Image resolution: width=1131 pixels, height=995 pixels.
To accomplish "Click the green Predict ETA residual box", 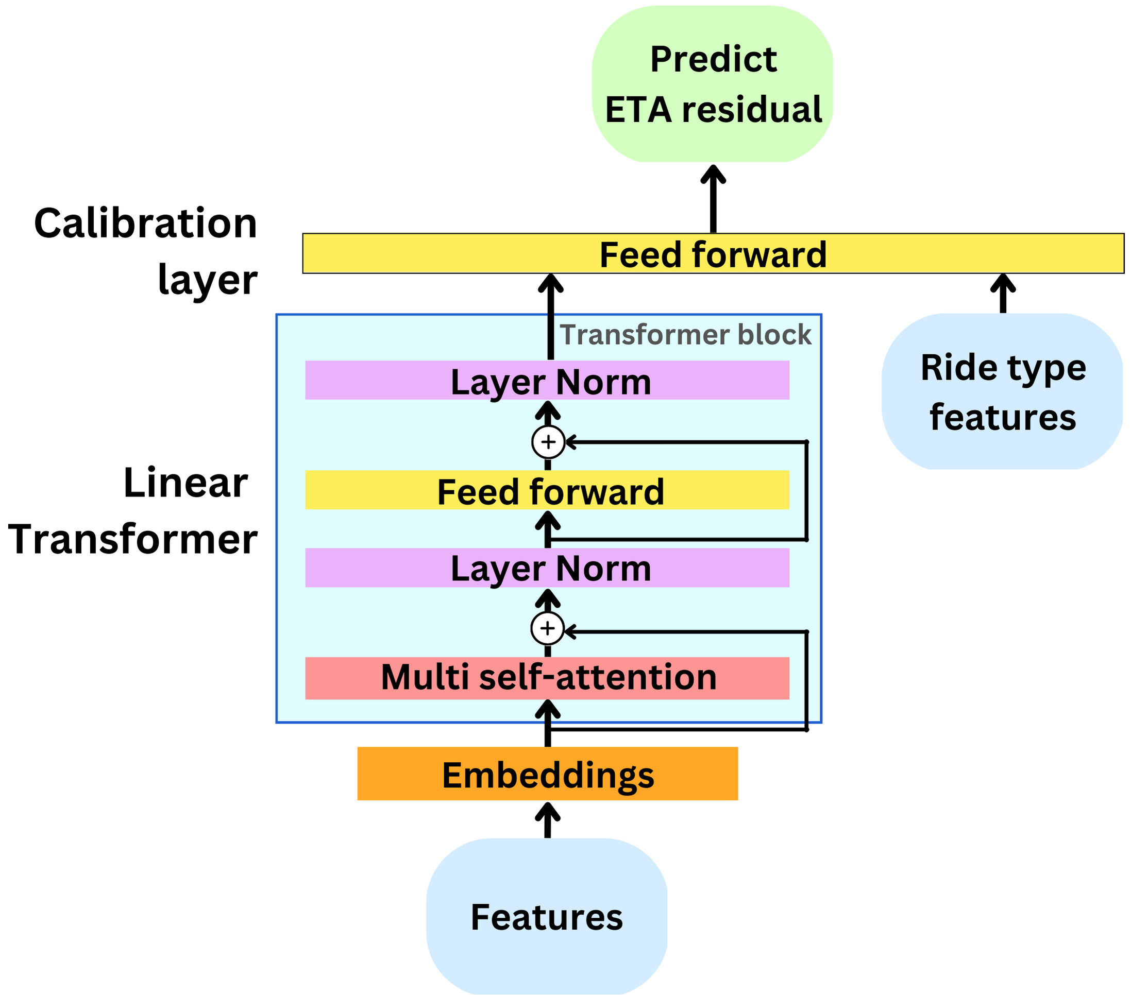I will coord(712,84).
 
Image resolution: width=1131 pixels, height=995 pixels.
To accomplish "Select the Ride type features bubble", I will coord(1002,391).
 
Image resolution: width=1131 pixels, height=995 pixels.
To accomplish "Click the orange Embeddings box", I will coord(547,774).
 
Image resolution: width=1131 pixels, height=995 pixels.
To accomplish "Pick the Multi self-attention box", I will coord(547,678).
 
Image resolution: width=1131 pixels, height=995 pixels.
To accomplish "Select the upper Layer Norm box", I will coord(547,381).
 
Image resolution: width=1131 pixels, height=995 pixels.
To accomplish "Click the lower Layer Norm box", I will coord(547,568).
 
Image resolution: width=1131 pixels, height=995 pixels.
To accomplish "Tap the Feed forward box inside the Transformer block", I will coord(547,490).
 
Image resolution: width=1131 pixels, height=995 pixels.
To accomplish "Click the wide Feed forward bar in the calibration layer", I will coord(713,254).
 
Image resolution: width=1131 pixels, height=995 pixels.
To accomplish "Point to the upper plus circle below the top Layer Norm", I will coord(548,442).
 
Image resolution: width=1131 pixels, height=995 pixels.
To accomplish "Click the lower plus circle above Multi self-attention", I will coord(547,628).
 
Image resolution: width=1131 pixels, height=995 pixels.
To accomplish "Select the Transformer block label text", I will coord(685,335).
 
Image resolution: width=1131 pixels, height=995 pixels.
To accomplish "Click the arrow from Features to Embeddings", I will coord(547,820).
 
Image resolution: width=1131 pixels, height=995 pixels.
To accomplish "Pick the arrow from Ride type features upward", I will coord(1003,293).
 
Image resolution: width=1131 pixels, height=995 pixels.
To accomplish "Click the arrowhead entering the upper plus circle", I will coord(571,442).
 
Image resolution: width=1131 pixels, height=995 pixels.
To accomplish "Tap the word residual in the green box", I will coord(751,109).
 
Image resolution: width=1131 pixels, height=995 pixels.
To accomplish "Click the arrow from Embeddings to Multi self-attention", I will coord(547,724).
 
